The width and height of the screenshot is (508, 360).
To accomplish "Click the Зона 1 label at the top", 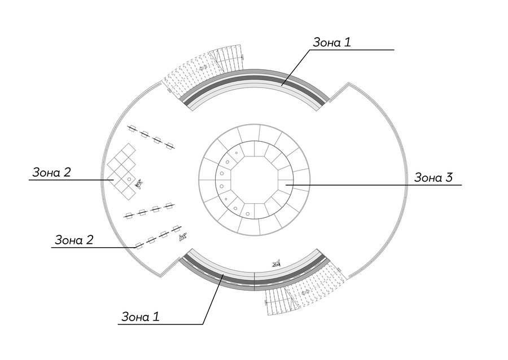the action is [332, 42].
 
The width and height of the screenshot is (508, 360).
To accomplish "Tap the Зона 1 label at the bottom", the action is [141, 317].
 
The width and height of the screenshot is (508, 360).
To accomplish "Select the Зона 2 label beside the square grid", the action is [51, 173].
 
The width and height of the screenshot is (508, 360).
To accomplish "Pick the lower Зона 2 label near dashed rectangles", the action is [74, 240].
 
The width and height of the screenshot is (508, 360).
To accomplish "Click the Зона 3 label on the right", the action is [433, 178].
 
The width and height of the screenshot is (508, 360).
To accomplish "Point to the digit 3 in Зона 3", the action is [449, 178].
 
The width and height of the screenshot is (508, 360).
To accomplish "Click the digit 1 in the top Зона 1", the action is [348, 42].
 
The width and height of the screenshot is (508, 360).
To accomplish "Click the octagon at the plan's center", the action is [255, 180].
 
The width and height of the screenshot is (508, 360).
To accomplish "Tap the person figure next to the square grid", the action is [139, 184].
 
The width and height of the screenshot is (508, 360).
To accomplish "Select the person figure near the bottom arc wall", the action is [276, 264].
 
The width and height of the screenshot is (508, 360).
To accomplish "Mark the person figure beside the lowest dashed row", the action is [183, 237].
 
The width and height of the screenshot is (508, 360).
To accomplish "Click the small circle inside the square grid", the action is [129, 179].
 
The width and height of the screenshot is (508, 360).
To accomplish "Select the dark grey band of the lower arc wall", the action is [255, 282].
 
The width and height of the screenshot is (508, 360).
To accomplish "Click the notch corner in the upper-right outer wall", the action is [348, 83].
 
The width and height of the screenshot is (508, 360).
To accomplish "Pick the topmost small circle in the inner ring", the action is [237, 153].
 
